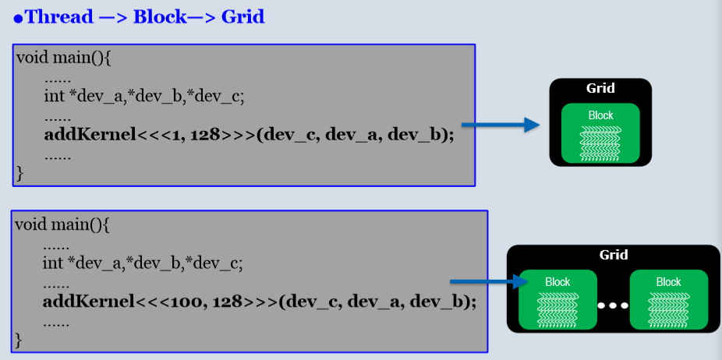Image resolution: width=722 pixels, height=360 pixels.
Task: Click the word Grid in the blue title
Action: [242, 16]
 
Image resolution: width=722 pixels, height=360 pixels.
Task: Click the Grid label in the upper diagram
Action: [600, 88]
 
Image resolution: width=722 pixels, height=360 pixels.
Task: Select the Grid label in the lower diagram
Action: [613, 255]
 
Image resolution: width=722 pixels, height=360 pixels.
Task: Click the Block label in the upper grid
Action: [600, 115]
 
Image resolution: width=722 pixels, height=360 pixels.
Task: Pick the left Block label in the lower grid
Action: [557, 282]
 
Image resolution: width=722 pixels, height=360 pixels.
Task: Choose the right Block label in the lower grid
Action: [668, 282]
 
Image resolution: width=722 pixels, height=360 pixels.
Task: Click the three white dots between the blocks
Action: [613, 305]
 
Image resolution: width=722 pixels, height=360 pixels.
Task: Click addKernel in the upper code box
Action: [90, 134]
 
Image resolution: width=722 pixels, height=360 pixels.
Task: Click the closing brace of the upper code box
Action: [20, 174]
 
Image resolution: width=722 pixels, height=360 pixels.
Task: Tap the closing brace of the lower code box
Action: [19, 341]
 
